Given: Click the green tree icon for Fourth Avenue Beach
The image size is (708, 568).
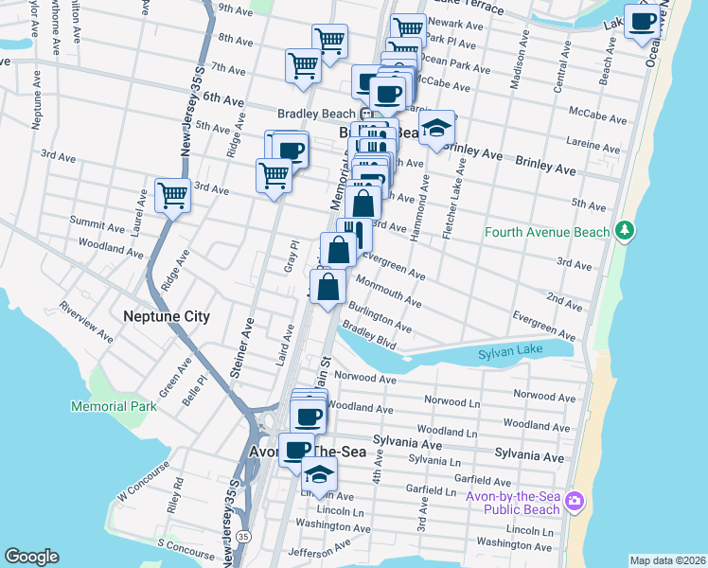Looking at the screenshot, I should point(624,231).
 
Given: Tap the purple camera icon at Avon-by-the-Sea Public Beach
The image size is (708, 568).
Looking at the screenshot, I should point(576,499).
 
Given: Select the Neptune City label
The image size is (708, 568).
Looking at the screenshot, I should point(166,316).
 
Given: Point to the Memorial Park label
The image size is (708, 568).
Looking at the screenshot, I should point(113,406).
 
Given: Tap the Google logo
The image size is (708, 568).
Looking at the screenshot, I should point(31,557).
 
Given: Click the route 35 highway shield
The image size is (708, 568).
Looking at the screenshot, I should point(244,537).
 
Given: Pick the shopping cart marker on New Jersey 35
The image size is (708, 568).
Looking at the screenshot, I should point(172,196).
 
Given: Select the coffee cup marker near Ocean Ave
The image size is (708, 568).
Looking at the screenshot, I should point(643,20).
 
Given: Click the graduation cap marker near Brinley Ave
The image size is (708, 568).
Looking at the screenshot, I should point(436,128).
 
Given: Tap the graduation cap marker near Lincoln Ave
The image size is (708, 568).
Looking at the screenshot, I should point(319,473).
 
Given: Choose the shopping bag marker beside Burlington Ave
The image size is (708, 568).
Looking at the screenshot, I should point(327,286).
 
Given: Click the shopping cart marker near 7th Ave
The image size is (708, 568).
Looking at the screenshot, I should point(304,65).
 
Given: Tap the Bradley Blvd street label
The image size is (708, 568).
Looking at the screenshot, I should point(368,336).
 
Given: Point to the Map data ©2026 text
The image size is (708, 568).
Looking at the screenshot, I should point(667,560).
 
